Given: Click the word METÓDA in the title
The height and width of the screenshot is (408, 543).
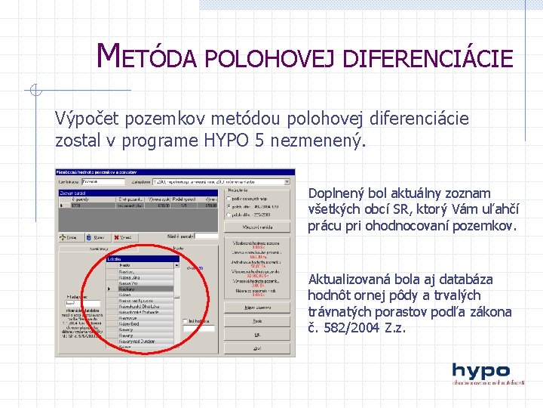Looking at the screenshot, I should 148,56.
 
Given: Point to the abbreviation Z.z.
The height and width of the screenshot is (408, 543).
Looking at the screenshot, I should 396,328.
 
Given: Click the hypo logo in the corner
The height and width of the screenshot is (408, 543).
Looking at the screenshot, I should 481,373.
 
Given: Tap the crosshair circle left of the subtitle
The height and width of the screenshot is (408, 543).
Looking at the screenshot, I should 35,91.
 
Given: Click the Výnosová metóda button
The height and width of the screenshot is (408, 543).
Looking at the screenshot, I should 257,227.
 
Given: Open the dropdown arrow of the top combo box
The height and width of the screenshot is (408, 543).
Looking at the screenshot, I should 287,181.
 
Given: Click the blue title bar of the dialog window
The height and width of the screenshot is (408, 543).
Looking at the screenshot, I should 173,172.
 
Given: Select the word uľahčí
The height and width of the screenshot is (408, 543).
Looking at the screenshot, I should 492,209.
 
